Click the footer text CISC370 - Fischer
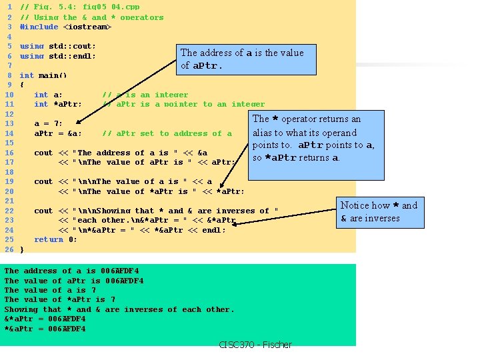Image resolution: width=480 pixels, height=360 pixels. pyautogui.click(x=255, y=345)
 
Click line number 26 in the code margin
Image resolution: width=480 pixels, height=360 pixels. pyautogui.click(x=9, y=249)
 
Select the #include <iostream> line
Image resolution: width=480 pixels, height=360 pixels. pyautogui.click(x=65, y=27)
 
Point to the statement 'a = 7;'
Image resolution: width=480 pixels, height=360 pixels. pyautogui.click(x=48, y=123)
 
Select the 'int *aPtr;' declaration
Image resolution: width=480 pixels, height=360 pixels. pyautogui.click(x=58, y=104)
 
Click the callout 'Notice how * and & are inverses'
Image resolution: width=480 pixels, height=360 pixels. pyautogui.click(x=379, y=212)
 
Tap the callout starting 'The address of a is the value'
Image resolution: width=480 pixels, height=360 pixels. pyautogui.click(x=241, y=59)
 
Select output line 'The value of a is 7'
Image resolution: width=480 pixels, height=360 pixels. pyautogui.click(x=50, y=290)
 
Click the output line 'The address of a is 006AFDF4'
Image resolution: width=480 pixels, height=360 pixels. pyautogui.click(x=71, y=271)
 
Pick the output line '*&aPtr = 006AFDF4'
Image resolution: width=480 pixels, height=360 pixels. pyautogui.click(x=45, y=329)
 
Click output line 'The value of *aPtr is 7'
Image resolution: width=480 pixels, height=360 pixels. pyautogui.click(x=55, y=299)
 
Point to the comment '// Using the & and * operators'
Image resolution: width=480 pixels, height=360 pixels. pyautogui.click(x=92, y=17)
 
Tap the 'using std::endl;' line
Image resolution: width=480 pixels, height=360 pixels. pyautogui.click(x=58, y=56)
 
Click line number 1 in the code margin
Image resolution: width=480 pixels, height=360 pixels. pyautogui.click(x=9, y=7)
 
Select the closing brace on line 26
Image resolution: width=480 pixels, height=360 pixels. pyautogui.click(x=22, y=249)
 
